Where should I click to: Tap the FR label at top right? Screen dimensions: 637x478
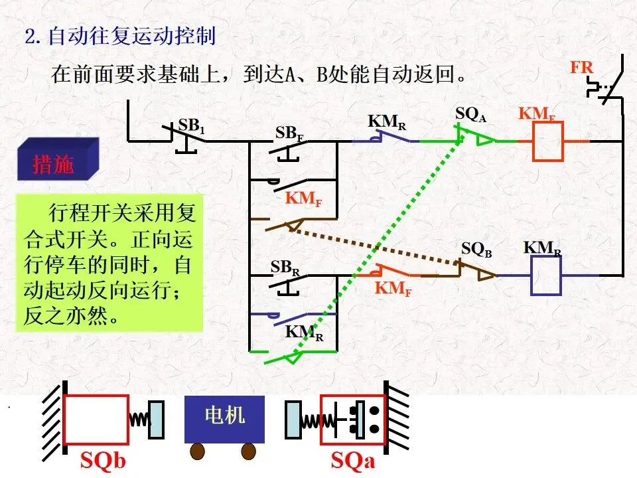pyautogui.click(x=582, y=67)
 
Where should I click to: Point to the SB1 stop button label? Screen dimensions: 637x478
pyautogui.click(x=191, y=125)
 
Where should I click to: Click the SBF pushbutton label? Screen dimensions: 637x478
pyautogui.click(x=289, y=133)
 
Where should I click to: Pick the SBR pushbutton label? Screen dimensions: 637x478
pyautogui.click(x=285, y=268)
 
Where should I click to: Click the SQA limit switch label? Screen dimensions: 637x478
pyautogui.click(x=470, y=114)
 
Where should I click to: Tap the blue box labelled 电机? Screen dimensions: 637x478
pyautogui.click(x=225, y=419)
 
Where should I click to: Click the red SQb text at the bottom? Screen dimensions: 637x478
pyautogui.click(x=103, y=461)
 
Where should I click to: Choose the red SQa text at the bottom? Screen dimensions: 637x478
pyautogui.click(x=352, y=461)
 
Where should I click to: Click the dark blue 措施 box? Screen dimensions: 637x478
pyautogui.click(x=58, y=159)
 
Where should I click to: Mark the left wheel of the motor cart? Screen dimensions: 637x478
pyautogui.click(x=198, y=451)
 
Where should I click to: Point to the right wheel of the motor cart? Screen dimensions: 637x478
pyautogui.click(x=249, y=451)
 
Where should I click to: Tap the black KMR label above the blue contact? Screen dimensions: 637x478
pyautogui.click(x=387, y=121)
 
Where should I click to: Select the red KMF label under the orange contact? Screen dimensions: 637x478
pyautogui.click(x=393, y=288)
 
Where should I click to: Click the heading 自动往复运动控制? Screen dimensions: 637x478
pyautogui.click(x=132, y=36)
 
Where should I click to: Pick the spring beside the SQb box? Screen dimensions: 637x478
pyautogui.click(x=139, y=419)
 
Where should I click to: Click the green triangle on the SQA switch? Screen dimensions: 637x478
pyautogui.click(x=484, y=140)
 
